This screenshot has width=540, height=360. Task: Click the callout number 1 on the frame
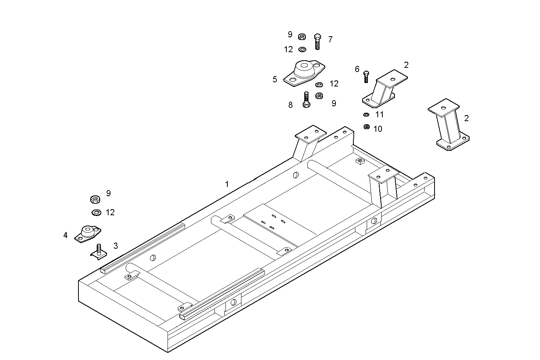tap(227, 184)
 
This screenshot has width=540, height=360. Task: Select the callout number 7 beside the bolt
tap(330, 39)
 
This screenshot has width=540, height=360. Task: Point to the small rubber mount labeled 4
tap(88, 234)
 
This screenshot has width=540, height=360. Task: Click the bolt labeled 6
tap(366, 77)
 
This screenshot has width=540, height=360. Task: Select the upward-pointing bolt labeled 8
tap(306, 100)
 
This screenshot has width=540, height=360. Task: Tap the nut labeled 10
tap(366, 127)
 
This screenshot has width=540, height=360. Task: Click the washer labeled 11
tap(366, 114)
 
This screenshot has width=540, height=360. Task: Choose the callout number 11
tap(379, 114)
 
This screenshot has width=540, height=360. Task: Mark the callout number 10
tap(377, 129)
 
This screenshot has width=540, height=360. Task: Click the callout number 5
tap(275, 79)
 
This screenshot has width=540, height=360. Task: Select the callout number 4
tap(66, 235)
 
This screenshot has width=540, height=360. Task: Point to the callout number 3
tap(115, 246)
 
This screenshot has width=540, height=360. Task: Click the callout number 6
tap(357, 69)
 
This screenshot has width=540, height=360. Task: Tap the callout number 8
tap(290, 105)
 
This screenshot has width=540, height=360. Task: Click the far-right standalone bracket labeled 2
tap(448, 125)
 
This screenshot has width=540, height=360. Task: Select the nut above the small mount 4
tap(95, 199)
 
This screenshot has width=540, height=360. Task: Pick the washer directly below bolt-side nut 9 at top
tap(302, 50)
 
